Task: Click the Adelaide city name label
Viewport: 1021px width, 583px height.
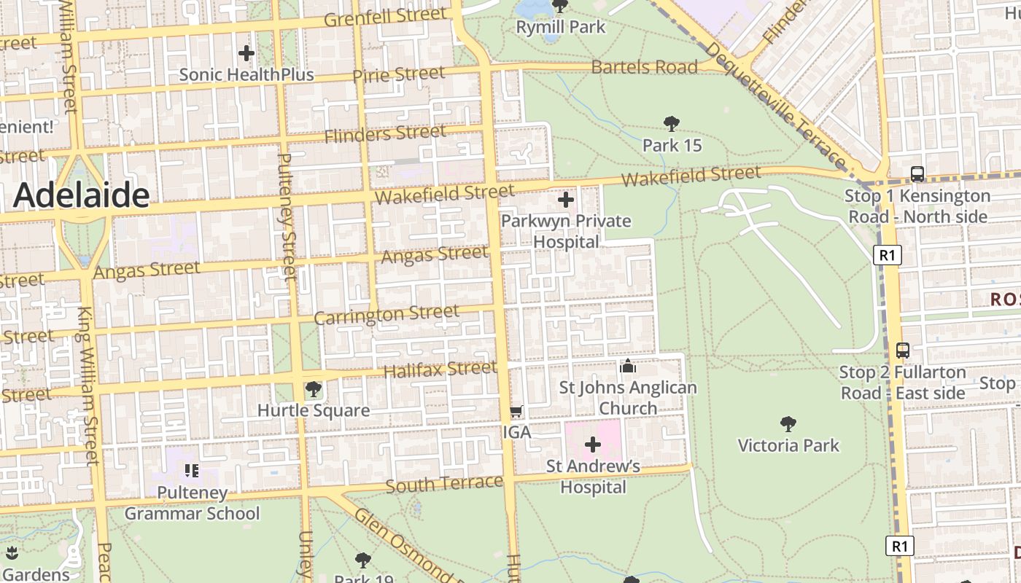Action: click(x=81, y=195)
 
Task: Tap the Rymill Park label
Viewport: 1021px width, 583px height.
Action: click(x=560, y=27)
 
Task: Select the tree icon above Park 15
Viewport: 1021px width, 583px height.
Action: click(x=672, y=124)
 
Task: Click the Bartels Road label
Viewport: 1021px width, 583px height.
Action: click(x=644, y=67)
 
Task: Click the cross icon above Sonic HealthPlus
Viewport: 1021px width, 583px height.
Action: click(x=246, y=53)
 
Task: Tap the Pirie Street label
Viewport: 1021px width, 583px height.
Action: click(x=398, y=74)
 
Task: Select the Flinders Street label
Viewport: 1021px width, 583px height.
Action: click(x=385, y=134)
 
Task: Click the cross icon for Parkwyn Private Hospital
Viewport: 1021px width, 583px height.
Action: click(x=566, y=200)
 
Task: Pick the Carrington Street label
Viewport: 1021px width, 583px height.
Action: click(x=387, y=315)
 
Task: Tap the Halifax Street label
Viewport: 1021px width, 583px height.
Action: click(x=440, y=369)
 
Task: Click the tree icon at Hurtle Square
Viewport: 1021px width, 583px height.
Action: click(x=314, y=389)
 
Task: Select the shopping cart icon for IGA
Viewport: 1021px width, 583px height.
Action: click(x=516, y=412)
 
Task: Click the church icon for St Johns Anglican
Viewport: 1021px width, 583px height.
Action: click(x=628, y=366)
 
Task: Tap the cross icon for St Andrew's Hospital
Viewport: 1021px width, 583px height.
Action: click(x=593, y=444)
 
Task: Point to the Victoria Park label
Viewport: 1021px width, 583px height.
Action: click(x=788, y=445)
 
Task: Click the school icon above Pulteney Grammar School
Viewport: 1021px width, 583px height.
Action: click(x=191, y=471)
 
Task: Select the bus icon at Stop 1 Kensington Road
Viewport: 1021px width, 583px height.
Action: click(x=917, y=174)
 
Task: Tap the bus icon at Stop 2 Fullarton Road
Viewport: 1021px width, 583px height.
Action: click(x=903, y=351)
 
